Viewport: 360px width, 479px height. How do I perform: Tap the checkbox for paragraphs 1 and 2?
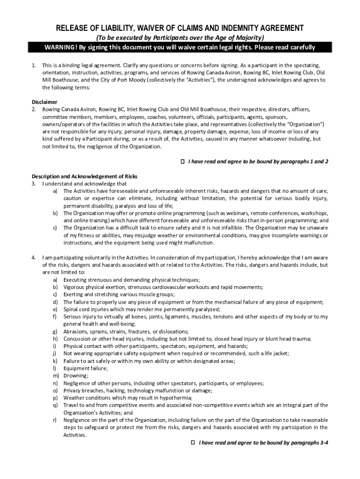click(183, 161)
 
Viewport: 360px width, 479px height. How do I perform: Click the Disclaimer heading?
click(44, 102)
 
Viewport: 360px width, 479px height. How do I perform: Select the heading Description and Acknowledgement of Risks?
click(85, 176)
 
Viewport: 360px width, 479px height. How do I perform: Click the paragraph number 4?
click(34, 257)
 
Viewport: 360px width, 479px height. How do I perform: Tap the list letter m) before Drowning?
click(55, 376)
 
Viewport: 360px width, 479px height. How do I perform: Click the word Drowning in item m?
click(76, 376)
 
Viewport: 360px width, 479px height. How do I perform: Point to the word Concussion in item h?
click(77, 339)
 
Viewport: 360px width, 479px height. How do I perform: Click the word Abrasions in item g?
click(76, 331)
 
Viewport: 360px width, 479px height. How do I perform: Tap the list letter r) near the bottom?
click(55, 420)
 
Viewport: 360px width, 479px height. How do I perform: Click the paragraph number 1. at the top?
click(34, 65)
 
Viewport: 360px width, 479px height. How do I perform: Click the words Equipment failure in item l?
click(86, 368)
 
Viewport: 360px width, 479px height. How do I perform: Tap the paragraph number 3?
click(34, 184)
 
